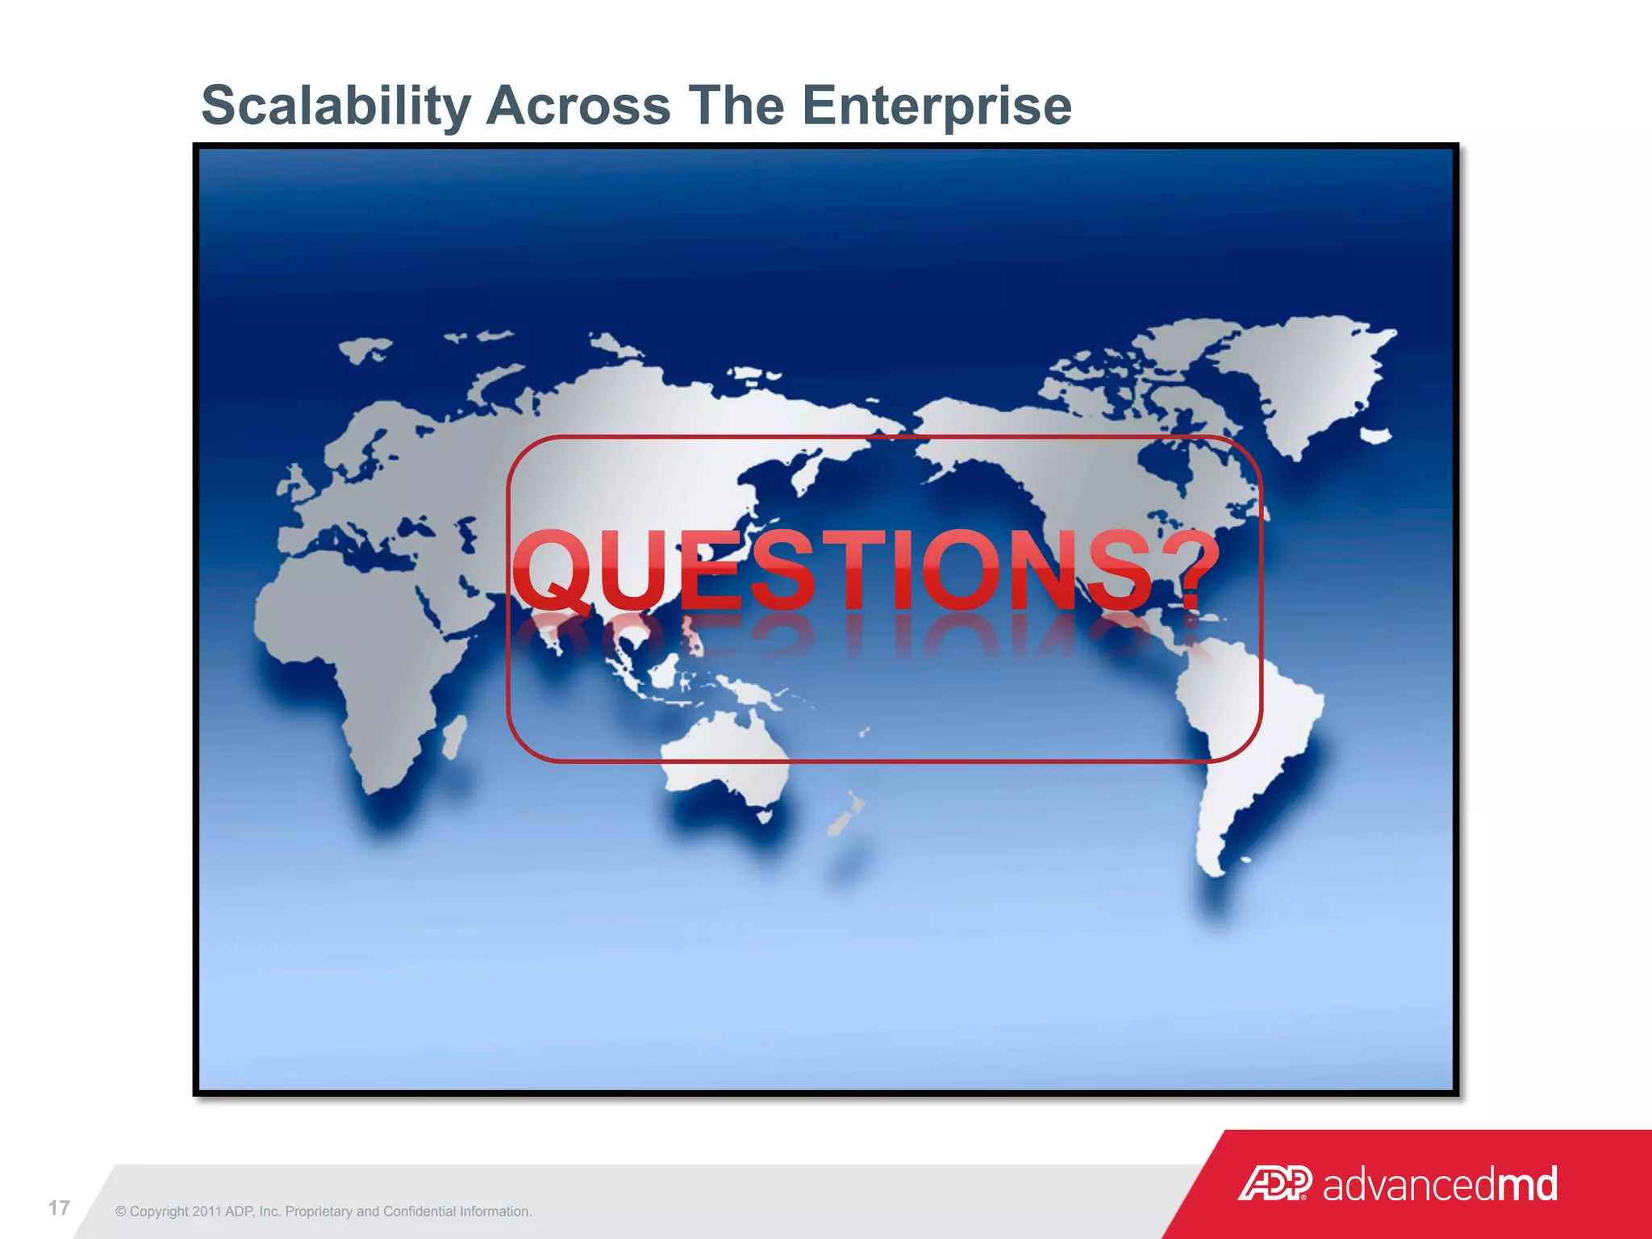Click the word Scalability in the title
[336, 106]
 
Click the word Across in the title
[578, 106]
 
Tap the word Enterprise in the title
[937, 106]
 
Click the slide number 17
[59, 1208]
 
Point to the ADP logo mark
[1274, 1183]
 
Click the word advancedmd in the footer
[1441, 1184]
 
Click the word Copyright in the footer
[159, 1212]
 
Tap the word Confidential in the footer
[419, 1212]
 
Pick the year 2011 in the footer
[207, 1212]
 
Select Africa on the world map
[355, 637]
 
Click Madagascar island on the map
[454, 736]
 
